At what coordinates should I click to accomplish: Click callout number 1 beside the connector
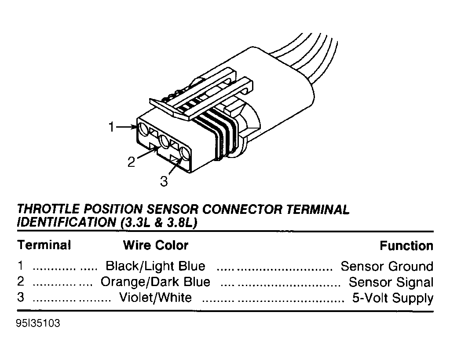[111, 127]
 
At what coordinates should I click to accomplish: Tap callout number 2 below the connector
[131, 162]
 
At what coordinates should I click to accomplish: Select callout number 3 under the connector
[164, 181]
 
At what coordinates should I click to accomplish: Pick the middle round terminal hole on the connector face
[165, 142]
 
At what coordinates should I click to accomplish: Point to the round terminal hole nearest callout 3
[185, 154]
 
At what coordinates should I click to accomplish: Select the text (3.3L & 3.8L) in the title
[159, 223]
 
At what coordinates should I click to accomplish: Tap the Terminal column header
[44, 245]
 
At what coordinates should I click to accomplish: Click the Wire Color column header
[156, 246]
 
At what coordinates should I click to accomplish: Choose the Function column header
[406, 246]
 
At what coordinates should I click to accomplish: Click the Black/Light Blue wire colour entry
[156, 266]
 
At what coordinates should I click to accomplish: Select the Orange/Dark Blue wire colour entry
[155, 282]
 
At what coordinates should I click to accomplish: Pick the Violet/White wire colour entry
[155, 298]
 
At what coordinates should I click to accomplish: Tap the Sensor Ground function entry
[387, 266]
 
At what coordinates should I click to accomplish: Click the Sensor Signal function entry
[391, 282]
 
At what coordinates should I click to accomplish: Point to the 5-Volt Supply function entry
[393, 298]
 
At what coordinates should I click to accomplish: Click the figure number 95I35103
[38, 323]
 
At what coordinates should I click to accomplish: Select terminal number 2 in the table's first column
[20, 281]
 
